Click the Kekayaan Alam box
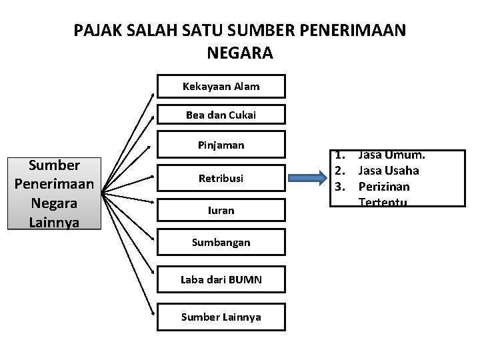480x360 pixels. click(221, 87)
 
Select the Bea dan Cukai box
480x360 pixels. click(221, 115)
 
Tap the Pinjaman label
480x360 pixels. click(221, 145)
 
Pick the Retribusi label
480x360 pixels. click(221, 178)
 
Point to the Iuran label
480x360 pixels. click(221, 210)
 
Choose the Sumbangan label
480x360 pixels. click(221, 242)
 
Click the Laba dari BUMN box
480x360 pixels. click(221, 279)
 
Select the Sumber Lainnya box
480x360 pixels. click(221, 317)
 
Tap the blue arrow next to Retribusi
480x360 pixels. click(312, 178)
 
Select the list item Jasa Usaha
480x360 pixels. click(389, 171)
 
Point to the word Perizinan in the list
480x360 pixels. click(383, 187)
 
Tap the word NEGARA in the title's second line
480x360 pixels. click(240, 52)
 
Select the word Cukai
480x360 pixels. click(242, 115)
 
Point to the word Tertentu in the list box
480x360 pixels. click(383, 202)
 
